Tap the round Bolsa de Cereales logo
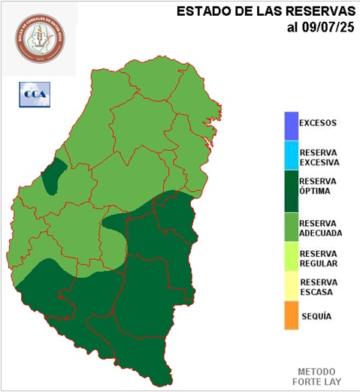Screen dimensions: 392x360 click(40, 39)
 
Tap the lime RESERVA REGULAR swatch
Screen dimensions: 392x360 click(291, 258)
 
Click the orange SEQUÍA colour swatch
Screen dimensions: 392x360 click(291, 315)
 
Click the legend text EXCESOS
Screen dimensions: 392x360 click(318, 122)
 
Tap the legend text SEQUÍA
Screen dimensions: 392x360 click(316, 317)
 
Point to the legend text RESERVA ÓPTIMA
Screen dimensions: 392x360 click(318, 186)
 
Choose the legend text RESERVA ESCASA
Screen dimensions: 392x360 click(318, 287)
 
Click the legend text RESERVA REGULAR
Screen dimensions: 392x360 click(318, 258)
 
